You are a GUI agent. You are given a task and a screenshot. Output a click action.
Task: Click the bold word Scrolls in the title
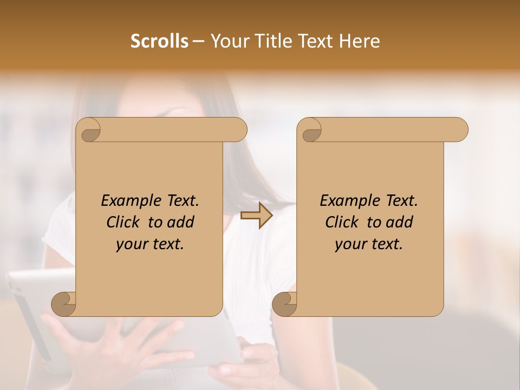coord(160,41)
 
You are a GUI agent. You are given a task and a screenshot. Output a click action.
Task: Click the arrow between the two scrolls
coord(257,216)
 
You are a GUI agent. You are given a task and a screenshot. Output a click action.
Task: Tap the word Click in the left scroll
coord(125,222)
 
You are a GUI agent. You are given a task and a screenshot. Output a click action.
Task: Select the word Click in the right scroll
coord(343,222)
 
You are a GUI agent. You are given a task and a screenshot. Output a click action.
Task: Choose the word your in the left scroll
coord(130,244)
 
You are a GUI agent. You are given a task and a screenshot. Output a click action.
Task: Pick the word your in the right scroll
coord(349,244)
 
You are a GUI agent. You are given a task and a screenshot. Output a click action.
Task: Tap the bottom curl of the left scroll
coord(64,304)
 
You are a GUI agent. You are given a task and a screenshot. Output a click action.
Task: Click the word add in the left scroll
coord(181,222)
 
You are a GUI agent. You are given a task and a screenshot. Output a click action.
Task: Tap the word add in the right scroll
coord(400,222)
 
